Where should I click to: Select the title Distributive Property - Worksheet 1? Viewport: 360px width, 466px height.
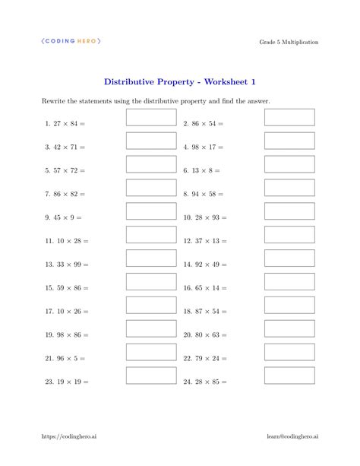coord(180,81)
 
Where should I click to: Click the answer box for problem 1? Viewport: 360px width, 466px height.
coord(150,117)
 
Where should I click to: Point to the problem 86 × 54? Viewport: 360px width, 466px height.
coord(204,123)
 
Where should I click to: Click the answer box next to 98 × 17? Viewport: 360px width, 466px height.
coord(289,141)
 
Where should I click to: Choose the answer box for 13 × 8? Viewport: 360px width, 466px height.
coord(289,164)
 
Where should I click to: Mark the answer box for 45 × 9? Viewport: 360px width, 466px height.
coord(150,211)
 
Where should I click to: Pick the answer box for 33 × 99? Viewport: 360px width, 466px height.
coord(150,258)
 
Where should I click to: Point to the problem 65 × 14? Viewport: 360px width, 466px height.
coord(205,288)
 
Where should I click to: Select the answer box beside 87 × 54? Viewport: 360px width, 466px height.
coord(289,306)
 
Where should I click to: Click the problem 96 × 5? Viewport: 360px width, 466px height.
coord(65,359)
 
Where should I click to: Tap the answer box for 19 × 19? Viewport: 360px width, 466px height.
coord(150,376)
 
